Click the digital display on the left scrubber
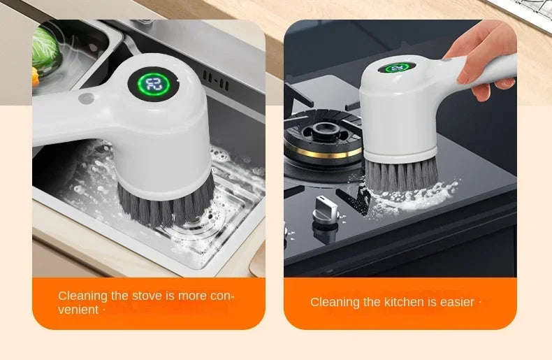[x=153, y=85]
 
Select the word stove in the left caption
[x=147, y=296]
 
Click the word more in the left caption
[x=192, y=296]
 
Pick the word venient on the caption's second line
[x=78, y=310]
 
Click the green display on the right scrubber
[x=396, y=68]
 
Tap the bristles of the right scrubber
[x=401, y=174]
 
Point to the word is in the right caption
[x=433, y=302]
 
